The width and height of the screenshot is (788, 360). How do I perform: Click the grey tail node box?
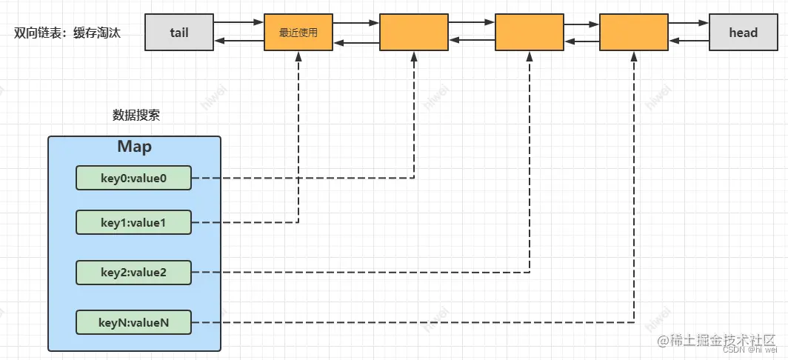[x=178, y=32]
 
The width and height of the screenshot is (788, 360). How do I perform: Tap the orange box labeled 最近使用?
[x=298, y=32]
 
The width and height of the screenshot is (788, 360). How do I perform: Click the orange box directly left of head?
[x=633, y=32]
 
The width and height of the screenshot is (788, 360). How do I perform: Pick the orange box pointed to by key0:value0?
[x=414, y=32]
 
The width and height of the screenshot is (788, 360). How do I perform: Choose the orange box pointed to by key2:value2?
[x=530, y=32]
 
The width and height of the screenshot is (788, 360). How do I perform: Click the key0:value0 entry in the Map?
[x=134, y=178]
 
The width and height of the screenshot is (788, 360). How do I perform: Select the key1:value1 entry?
[x=134, y=221]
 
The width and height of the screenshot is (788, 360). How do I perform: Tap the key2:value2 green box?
[x=134, y=272]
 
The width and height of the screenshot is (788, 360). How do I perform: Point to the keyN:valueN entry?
[x=134, y=322]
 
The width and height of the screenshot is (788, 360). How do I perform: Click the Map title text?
[x=134, y=147]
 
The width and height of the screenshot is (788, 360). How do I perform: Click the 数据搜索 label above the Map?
[x=136, y=115]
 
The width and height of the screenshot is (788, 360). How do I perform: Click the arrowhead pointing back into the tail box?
[x=218, y=41]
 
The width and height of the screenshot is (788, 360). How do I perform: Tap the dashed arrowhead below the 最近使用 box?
[x=298, y=56]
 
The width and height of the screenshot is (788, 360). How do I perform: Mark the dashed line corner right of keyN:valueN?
[x=634, y=322]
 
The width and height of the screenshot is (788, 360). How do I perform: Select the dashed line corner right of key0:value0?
[x=414, y=178]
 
